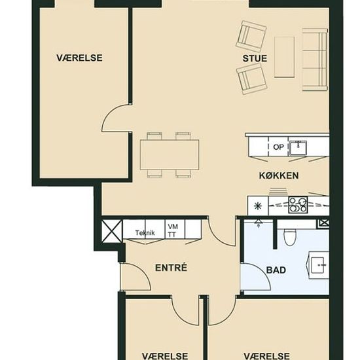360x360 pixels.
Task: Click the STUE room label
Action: point(255,58)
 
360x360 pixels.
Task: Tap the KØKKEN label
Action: point(279,175)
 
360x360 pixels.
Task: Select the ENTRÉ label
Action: point(171,268)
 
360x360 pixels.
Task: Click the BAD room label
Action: point(276,270)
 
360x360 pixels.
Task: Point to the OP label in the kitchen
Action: point(278,147)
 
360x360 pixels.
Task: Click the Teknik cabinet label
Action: point(145,233)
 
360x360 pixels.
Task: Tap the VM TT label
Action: point(173,230)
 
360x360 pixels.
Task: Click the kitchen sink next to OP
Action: point(298,147)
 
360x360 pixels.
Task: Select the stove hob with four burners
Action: point(298,205)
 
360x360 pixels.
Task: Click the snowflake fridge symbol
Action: point(259,206)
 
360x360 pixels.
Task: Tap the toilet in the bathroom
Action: point(290,237)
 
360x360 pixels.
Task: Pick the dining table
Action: point(170,154)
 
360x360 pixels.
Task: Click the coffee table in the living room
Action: point(285,57)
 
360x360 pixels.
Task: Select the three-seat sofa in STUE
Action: point(315,60)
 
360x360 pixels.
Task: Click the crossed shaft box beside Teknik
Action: point(112,231)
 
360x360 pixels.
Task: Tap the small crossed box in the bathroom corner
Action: point(323,223)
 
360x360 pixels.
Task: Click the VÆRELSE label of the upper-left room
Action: point(79,58)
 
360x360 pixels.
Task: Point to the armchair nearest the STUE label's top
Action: point(251,36)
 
